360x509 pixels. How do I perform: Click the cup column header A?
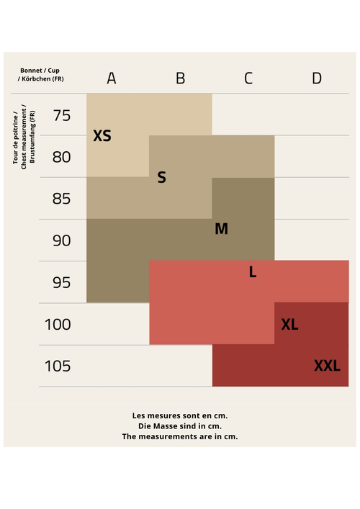(x=112, y=78)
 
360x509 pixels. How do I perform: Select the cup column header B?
(x=181, y=78)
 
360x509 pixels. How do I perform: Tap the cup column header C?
(x=248, y=78)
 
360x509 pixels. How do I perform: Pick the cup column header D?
(x=317, y=78)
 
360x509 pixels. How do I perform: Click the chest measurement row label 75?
(x=62, y=116)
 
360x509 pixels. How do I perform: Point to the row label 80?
(x=61, y=157)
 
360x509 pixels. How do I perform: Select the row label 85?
(x=61, y=199)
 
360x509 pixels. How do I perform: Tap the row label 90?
(x=62, y=240)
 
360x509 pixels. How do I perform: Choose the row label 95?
(x=62, y=282)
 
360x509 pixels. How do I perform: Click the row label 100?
(x=58, y=324)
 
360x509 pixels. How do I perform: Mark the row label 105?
(x=58, y=366)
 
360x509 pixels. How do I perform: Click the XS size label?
(x=102, y=135)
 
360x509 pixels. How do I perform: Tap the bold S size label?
(x=162, y=177)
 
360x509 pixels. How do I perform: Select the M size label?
(x=221, y=228)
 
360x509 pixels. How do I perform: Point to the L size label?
(x=253, y=271)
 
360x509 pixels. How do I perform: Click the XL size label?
(x=289, y=324)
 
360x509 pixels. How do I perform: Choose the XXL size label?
(x=327, y=366)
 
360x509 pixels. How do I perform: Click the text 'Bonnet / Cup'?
(x=40, y=71)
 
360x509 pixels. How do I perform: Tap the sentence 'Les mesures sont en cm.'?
(x=180, y=415)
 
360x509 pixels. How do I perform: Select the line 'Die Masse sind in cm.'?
(x=180, y=426)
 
